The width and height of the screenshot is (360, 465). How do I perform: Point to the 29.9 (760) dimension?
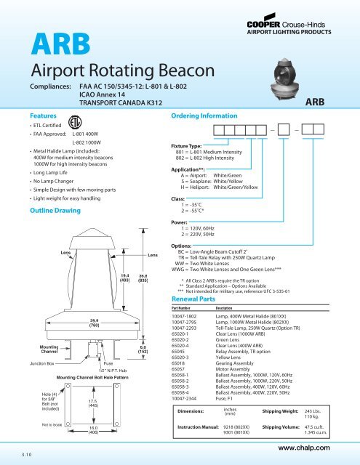click(x=74, y=323)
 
